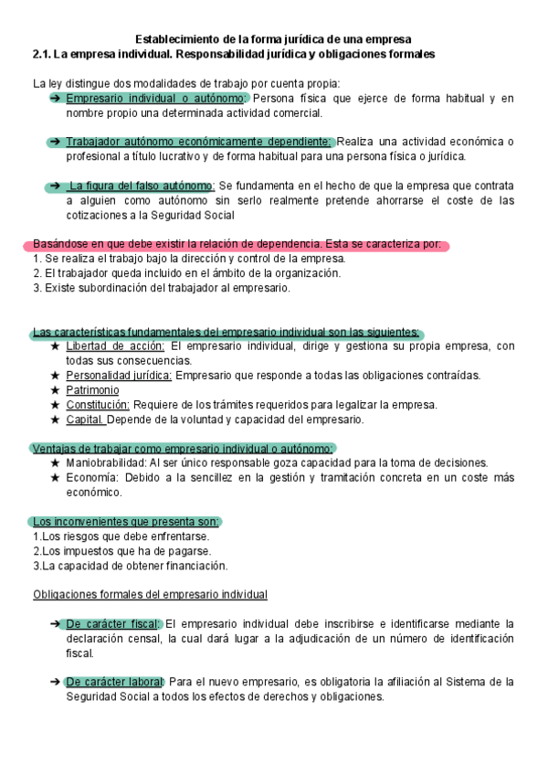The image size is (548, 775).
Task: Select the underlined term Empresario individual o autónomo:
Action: [x=156, y=98]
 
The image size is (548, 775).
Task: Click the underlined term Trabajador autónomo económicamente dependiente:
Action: [x=198, y=142]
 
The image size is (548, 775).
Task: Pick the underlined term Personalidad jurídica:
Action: [x=119, y=376]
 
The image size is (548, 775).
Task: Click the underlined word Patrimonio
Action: [x=92, y=390]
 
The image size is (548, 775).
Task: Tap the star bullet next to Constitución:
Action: [x=56, y=405]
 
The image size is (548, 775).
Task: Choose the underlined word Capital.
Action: [x=85, y=419]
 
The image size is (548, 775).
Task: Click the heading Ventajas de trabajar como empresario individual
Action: [x=183, y=449]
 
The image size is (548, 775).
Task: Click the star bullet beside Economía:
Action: [x=56, y=478]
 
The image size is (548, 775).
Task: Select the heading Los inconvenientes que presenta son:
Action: [x=126, y=522]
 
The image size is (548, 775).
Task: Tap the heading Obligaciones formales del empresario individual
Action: [x=150, y=595]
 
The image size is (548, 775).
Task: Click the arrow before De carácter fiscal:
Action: [x=56, y=624]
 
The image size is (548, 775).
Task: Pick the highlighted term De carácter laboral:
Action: [x=115, y=682]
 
